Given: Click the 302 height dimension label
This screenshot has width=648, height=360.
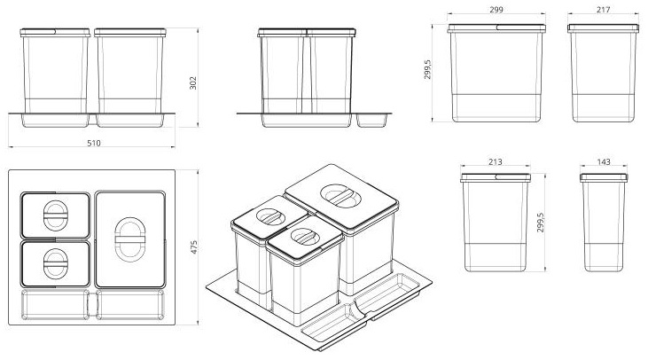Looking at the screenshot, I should point(193,81).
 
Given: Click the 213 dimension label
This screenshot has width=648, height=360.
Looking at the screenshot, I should point(495,162).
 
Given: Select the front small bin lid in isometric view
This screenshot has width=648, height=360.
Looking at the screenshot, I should point(304,237).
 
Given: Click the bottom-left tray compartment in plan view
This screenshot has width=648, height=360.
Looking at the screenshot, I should point(54,304).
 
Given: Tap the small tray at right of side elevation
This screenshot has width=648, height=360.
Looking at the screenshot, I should point(373,119).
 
